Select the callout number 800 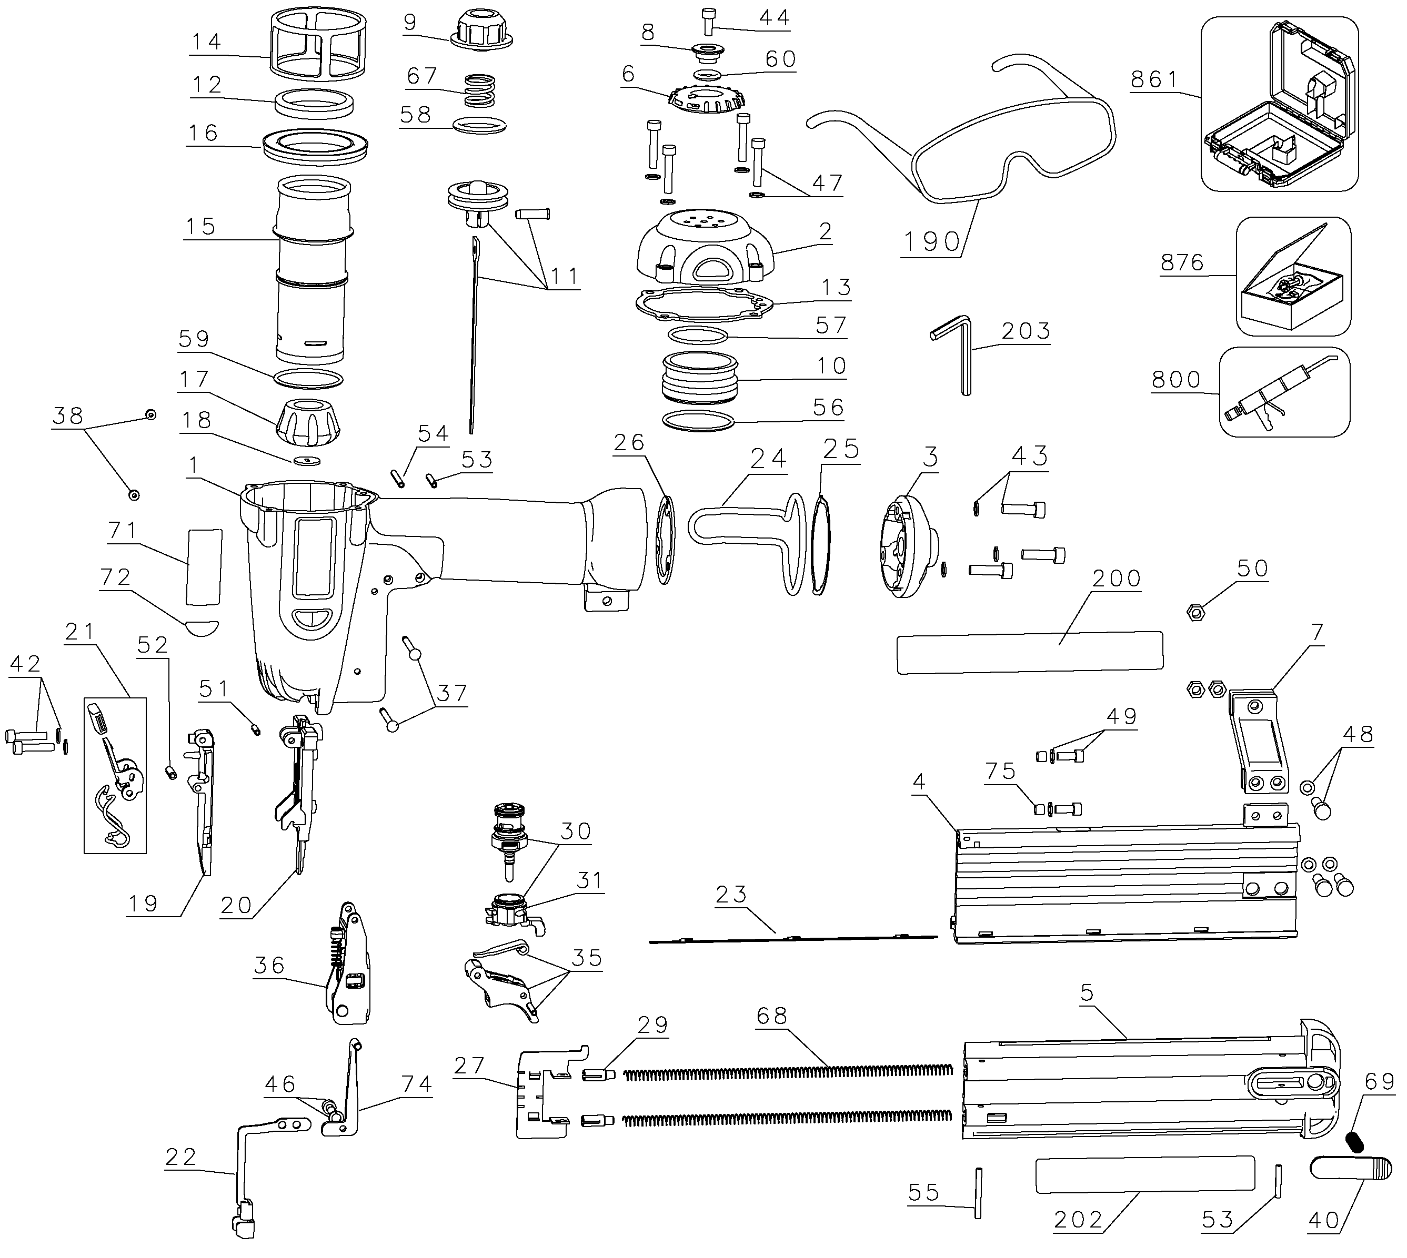click(1175, 380)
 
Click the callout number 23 click(731, 895)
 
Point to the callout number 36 click(269, 966)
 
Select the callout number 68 click(771, 1016)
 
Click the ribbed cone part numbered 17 click(308, 422)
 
